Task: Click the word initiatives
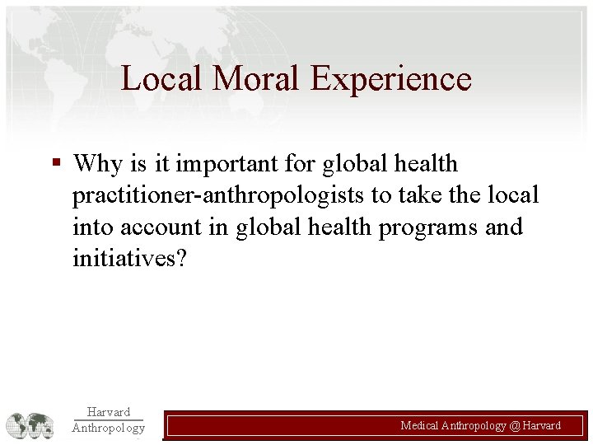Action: coord(128,258)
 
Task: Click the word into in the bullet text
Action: coord(89,227)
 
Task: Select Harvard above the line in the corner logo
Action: coord(107,412)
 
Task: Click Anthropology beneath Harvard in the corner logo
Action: coord(107,428)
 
